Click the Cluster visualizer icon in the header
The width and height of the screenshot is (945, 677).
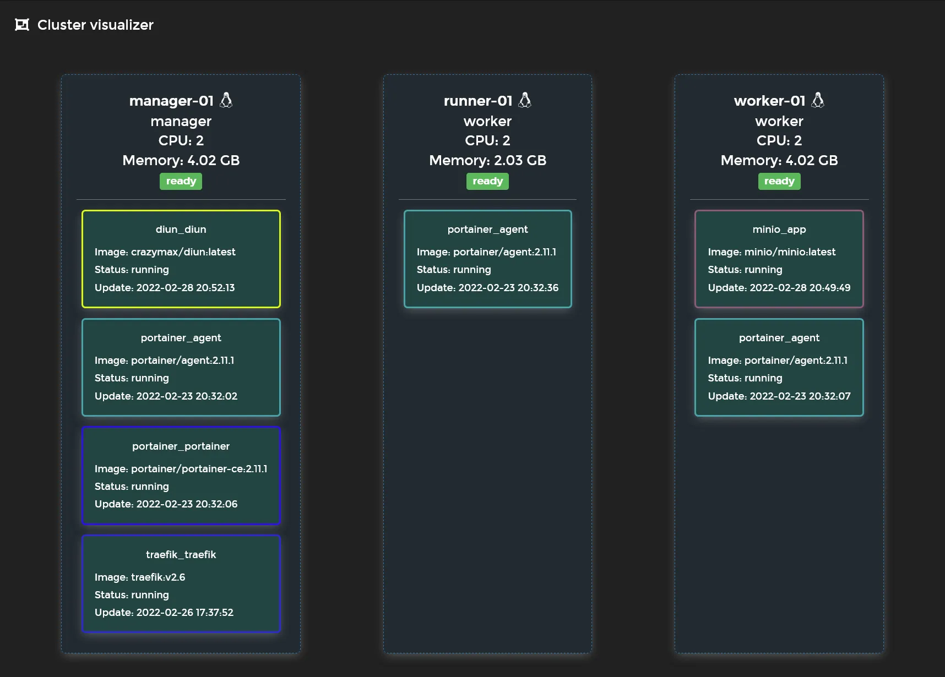click(x=22, y=25)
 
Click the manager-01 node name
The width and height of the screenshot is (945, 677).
click(x=171, y=101)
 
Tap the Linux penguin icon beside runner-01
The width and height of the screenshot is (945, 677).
click(x=525, y=100)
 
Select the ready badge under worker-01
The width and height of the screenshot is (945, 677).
click(x=779, y=181)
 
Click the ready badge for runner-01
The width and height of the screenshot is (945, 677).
click(x=487, y=181)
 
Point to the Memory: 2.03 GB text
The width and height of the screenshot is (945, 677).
click(x=487, y=160)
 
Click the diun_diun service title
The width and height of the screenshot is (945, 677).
click(x=181, y=229)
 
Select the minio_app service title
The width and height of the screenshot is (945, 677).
click(x=779, y=229)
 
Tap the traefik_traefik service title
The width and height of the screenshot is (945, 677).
click(x=181, y=554)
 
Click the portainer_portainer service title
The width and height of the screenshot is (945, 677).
click(x=181, y=446)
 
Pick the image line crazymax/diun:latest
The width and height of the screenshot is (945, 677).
click(x=165, y=252)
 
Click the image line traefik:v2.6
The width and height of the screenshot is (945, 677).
click(x=140, y=577)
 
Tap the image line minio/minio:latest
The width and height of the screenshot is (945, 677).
click(x=772, y=252)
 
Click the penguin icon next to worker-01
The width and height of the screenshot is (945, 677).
click(x=818, y=100)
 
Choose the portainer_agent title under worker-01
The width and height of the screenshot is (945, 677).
click(x=779, y=337)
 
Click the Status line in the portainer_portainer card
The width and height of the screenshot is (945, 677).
click(x=132, y=486)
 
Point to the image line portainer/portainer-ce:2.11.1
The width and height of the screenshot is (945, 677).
click(x=181, y=468)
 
